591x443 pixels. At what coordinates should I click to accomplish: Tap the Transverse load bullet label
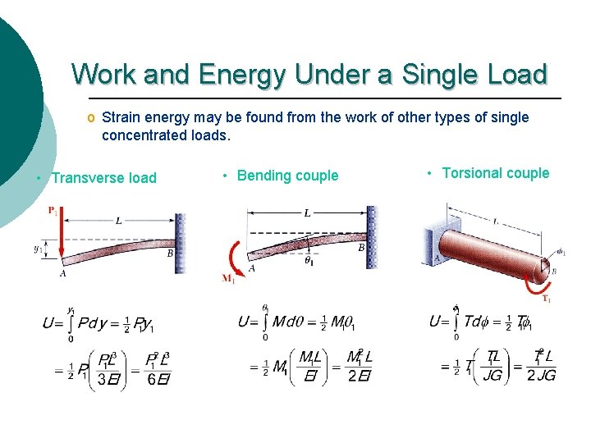click(x=103, y=178)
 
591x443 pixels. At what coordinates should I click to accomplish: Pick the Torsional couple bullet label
click(x=495, y=173)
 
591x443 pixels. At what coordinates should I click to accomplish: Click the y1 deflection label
click(x=38, y=248)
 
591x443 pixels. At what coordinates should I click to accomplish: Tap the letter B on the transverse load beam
click(x=170, y=254)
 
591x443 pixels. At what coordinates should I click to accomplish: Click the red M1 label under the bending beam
click(x=228, y=279)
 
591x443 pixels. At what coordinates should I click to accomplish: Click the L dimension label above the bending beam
click(x=307, y=213)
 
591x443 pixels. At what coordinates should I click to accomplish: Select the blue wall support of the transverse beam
click(x=181, y=243)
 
